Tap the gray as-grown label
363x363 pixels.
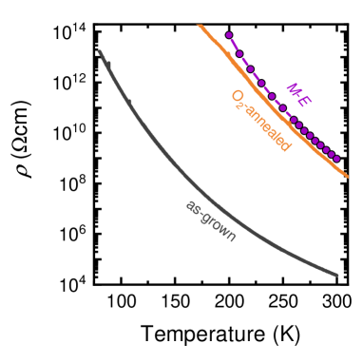(211, 220)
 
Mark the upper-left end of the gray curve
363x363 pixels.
(100, 51)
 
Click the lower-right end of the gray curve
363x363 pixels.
(336, 276)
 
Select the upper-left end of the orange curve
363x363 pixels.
(199, 25)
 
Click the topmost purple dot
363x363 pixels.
(230, 35)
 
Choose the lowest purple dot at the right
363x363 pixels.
(337, 159)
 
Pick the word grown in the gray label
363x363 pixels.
(219, 227)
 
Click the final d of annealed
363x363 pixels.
(285, 145)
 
